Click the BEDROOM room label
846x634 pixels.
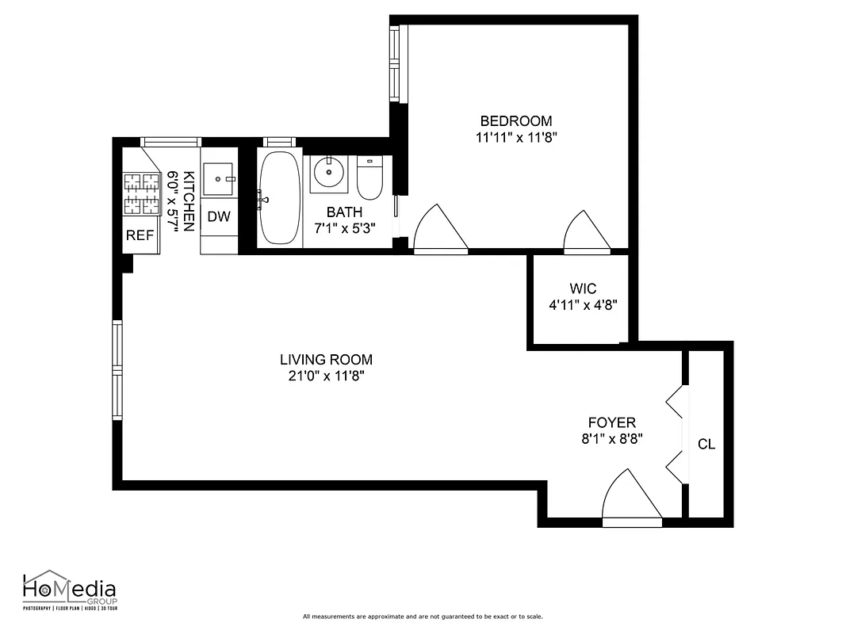pos(515,121)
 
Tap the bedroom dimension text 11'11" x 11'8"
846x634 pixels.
pos(515,136)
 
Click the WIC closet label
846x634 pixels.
pos(582,288)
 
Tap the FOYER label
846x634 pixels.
pos(611,423)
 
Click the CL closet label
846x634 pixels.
pos(706,444)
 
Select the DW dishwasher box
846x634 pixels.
pos(219,216)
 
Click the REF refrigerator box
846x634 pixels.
pos(140,235)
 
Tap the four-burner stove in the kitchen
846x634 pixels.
pos(141,194)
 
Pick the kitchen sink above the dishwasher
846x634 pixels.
pos(219,179)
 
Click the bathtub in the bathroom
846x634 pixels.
pos(280,197)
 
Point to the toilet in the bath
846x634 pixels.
pos(369,178)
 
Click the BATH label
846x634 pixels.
pos(344,212)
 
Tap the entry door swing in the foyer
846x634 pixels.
pos(631,498)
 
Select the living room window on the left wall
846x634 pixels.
pos(117,370)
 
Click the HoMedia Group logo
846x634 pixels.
pos(69,591)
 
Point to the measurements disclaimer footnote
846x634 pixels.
pos(423,617)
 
